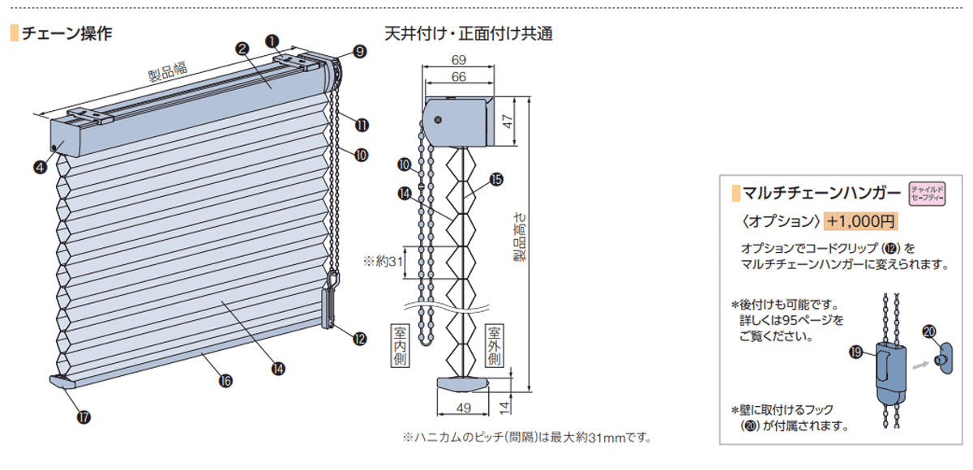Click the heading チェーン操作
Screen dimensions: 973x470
(x=66, y=33)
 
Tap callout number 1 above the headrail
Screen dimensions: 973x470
(x=272, y=41)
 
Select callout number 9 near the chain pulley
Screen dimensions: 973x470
(x=360, y=52)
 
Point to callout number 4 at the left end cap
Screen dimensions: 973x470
(x=41, y=167)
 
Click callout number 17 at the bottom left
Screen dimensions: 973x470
(x=84, y=417)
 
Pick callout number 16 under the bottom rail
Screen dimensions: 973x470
(x=225, y=381)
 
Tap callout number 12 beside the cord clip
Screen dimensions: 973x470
(x=360, y=339)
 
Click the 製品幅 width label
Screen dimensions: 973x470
(x=168, y=71)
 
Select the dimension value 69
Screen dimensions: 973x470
(x=459, y=60)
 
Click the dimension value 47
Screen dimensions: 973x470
(x=508, y=121)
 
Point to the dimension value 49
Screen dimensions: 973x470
(x=464, y=408)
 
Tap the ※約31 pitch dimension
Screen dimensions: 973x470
(x=383, y=261)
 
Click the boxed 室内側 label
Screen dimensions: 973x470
(x=400, y=346)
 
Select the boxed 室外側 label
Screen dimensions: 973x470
(x=494, y=346)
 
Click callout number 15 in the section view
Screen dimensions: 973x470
(x=496, y=179)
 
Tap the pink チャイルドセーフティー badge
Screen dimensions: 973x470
(x=928, y=194)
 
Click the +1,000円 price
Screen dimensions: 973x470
(x=860, y=221)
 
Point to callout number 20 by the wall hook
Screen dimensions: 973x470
(x=928, y=331)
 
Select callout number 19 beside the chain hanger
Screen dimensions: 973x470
(x=855, y=352)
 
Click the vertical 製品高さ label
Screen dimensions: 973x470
(x=520, y=237)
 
